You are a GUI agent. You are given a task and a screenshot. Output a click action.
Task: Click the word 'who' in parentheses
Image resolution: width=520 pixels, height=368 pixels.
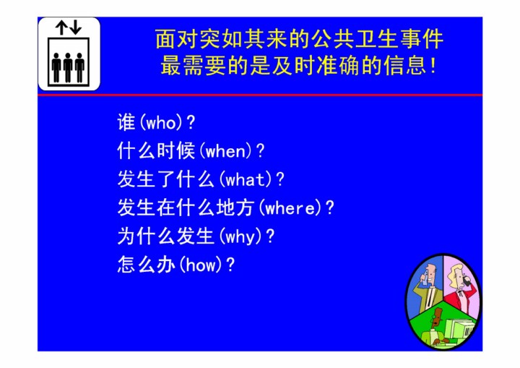[161, 123]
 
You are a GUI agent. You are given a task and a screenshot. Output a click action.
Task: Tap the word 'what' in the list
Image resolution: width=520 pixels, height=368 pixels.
[245, 180]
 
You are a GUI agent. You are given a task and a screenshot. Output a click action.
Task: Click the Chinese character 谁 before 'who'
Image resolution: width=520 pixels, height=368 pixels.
[126, 122]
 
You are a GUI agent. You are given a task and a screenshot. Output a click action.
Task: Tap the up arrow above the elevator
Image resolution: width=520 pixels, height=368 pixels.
[61, 28]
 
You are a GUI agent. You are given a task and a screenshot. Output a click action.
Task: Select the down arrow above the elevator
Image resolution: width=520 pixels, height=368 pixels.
[76, 28]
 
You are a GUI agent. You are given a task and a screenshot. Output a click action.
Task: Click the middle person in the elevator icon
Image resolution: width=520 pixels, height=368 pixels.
[68, 67]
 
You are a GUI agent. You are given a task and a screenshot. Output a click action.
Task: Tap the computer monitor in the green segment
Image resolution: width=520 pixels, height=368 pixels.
[459, 330]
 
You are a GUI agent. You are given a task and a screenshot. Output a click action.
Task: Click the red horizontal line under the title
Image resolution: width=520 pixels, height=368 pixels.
[260, 95]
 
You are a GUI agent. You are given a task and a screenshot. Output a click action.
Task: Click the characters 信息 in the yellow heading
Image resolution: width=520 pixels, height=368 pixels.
[405, 65]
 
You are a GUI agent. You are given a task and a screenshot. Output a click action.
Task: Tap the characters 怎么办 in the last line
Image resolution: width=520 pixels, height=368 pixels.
[147, 265]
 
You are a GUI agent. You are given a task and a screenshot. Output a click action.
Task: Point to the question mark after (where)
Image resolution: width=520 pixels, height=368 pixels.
[330, 208]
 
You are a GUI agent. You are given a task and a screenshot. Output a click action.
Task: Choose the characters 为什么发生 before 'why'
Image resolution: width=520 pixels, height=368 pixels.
[165, 236]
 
